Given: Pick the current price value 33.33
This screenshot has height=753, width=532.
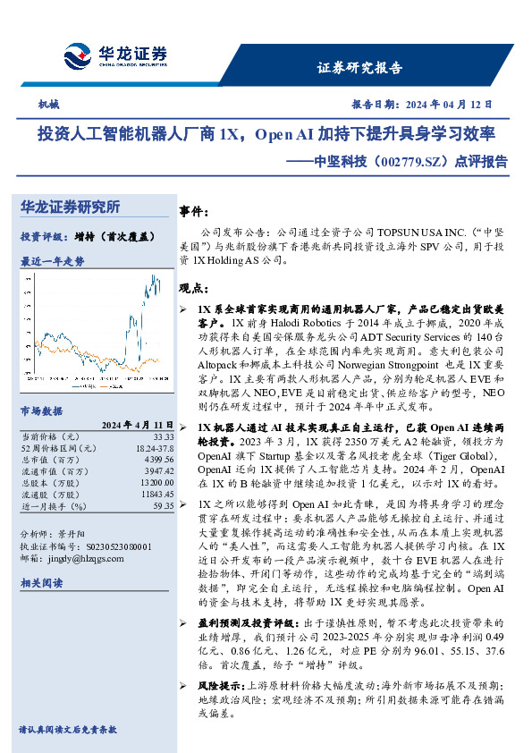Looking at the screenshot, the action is (x=163, y=435).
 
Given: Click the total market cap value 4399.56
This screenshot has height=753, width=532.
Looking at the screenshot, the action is (x=158, y=457).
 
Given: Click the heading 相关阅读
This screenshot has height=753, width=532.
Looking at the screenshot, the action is (x=41, y=582).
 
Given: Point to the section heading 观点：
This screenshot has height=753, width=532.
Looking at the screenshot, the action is (x=195, y=288).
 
